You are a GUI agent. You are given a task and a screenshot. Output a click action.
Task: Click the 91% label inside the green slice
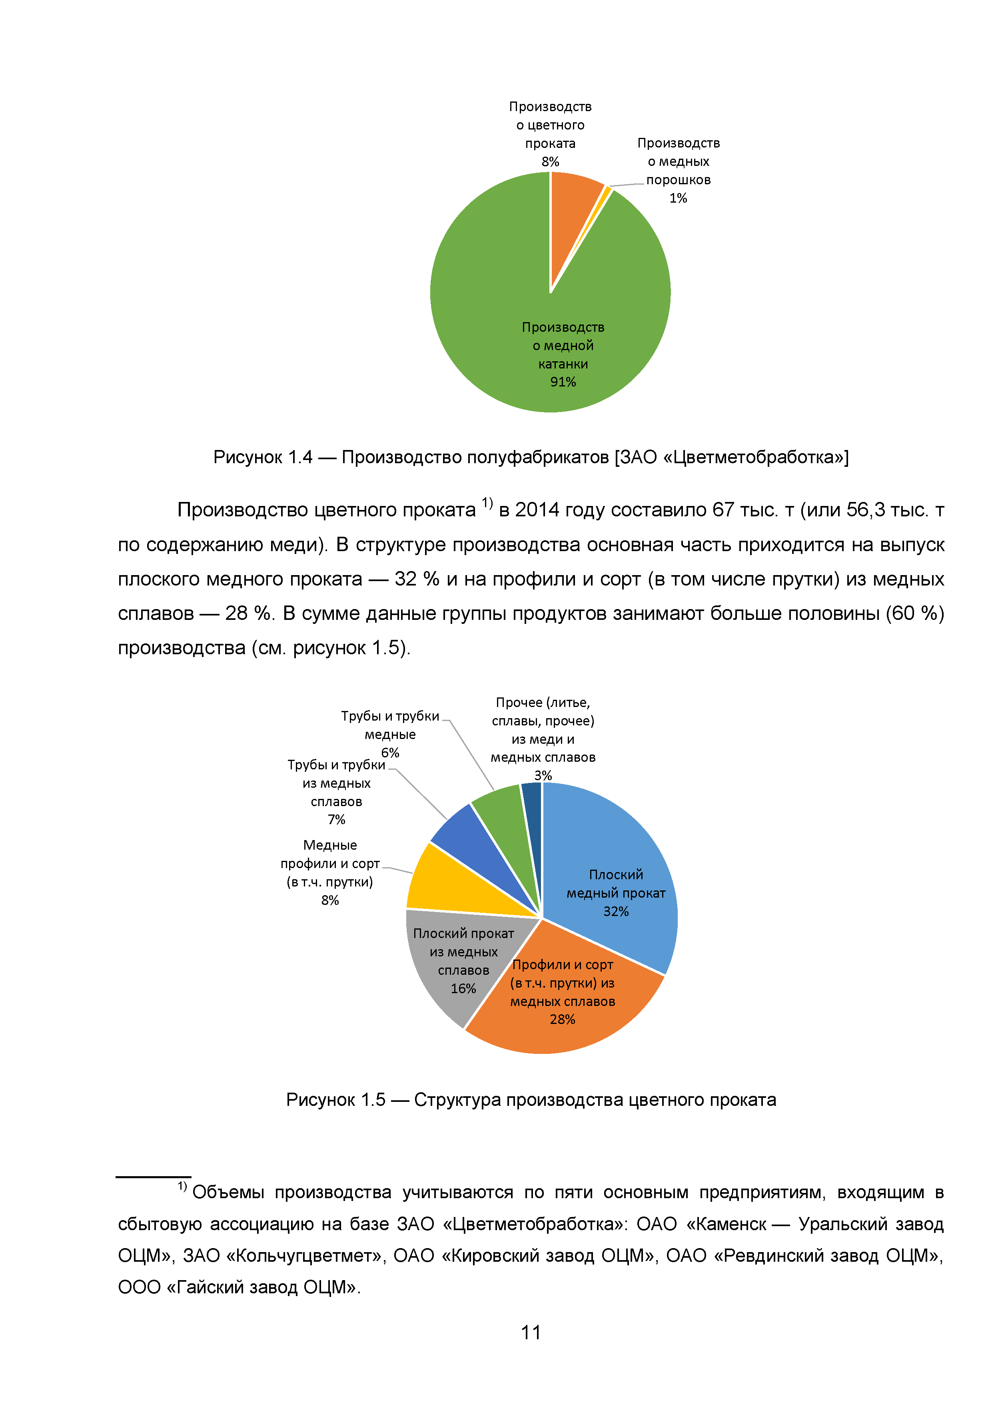[x=563, y=382]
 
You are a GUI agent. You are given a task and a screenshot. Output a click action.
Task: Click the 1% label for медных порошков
[x=678, y=198]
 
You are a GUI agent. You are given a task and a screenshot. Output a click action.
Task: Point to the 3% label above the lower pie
[x=543, y=775]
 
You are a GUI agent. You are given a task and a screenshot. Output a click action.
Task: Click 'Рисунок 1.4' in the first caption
[x=263, y=457]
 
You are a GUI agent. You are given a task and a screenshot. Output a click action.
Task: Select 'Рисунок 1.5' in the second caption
[x=335, y=1100]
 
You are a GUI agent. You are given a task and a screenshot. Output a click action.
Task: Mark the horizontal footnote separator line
[x=153, y=1176]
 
